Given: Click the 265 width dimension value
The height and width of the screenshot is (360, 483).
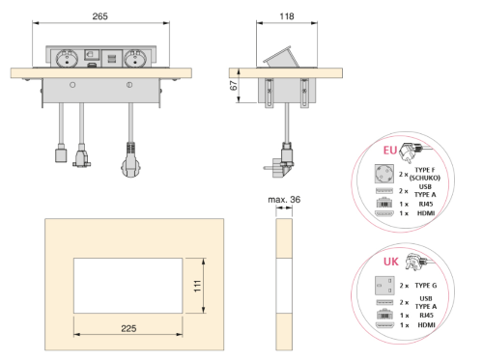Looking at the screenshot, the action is [99, 16].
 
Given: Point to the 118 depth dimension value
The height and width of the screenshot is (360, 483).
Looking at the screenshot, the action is [287, 16].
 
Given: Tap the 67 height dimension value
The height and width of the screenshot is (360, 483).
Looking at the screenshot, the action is [234, 86].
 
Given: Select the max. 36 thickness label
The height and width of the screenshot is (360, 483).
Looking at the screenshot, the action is [284, 200].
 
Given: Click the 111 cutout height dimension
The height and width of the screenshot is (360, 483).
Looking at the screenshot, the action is [197, 286].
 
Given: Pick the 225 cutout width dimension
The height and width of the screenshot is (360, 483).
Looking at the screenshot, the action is [128, 328].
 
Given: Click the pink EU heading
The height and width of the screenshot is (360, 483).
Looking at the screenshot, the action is [390, 151].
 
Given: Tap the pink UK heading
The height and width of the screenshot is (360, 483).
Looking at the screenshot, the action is [391, 262].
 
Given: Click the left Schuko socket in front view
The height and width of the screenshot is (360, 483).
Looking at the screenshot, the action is [67, 58].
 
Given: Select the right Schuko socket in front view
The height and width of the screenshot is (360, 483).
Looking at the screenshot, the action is [135, 58].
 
